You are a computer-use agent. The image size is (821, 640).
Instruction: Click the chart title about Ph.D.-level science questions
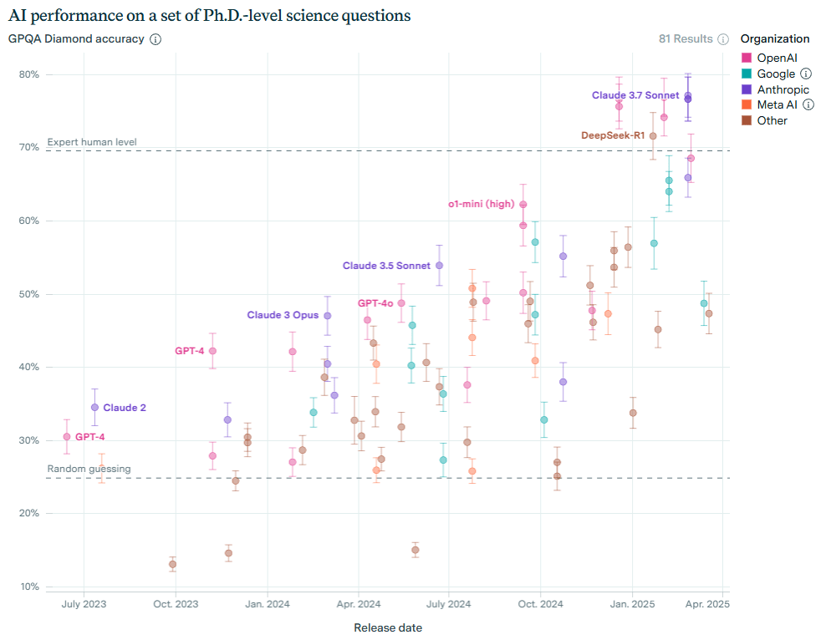[x=209, y=15]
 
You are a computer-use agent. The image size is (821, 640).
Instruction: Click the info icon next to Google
[x=806, y=74]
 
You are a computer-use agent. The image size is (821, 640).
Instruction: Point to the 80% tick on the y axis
[x=28, y=74]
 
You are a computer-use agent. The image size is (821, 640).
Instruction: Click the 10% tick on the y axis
[x=28, y=587]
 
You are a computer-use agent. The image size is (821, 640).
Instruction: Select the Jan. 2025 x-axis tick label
[x=631, y=604]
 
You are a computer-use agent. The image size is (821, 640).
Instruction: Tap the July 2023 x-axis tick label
[x=84, y=604]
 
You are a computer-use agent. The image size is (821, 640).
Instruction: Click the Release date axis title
[x=388, y=627]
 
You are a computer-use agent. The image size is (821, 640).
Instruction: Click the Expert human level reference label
[x=92, y=142]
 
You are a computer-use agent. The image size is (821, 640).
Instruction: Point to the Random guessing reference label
[x=89, y=469]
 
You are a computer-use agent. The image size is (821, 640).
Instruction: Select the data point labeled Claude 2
[x=94, y=408]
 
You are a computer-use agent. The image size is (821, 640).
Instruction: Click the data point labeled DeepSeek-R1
[x=653, y=135]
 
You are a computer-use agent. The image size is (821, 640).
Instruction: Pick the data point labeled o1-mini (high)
[x=523, y=204]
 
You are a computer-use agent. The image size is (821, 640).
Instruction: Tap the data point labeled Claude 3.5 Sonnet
[x=440, y=266]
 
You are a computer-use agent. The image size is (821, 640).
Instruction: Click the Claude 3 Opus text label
[x=283, y=315]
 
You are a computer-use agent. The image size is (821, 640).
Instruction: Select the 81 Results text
[x=686, y=38]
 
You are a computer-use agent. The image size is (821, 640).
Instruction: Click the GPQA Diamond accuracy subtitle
[x=76, y=38]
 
